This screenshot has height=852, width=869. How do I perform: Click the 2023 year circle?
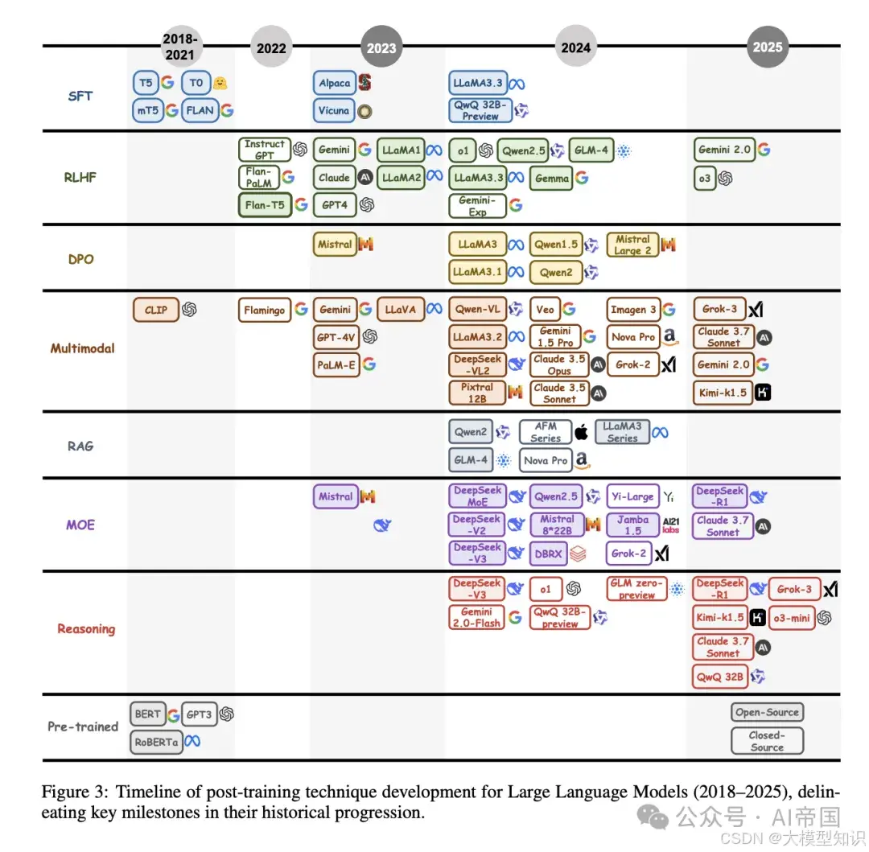(381, 47)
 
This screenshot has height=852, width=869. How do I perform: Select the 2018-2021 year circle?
(179, 47)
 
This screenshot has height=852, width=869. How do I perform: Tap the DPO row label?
(80, 260)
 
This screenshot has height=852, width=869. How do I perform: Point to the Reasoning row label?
(86, 629)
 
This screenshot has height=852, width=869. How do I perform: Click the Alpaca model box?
(334, 83)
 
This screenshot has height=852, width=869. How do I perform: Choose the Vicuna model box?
(334, 110)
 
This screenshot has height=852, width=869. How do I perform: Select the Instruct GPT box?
(264, 150)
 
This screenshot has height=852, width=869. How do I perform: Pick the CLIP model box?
(156, 310)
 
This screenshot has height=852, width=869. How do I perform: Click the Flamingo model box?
(265, 310)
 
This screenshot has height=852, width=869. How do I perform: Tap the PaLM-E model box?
(336, 364)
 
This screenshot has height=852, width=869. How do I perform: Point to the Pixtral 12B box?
(477, 393)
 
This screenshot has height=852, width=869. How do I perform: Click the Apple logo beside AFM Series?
(581, 433)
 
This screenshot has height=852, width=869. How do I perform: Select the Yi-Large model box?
(632, 496)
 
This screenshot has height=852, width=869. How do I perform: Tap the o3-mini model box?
(790, 618)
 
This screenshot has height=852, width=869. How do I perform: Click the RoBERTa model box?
(156, 742)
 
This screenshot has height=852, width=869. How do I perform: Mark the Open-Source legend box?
(767, 712)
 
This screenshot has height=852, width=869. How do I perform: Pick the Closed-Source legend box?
(767, 741)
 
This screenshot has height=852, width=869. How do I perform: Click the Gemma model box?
(551, 179)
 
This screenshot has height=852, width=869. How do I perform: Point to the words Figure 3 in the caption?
(68, 792)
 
